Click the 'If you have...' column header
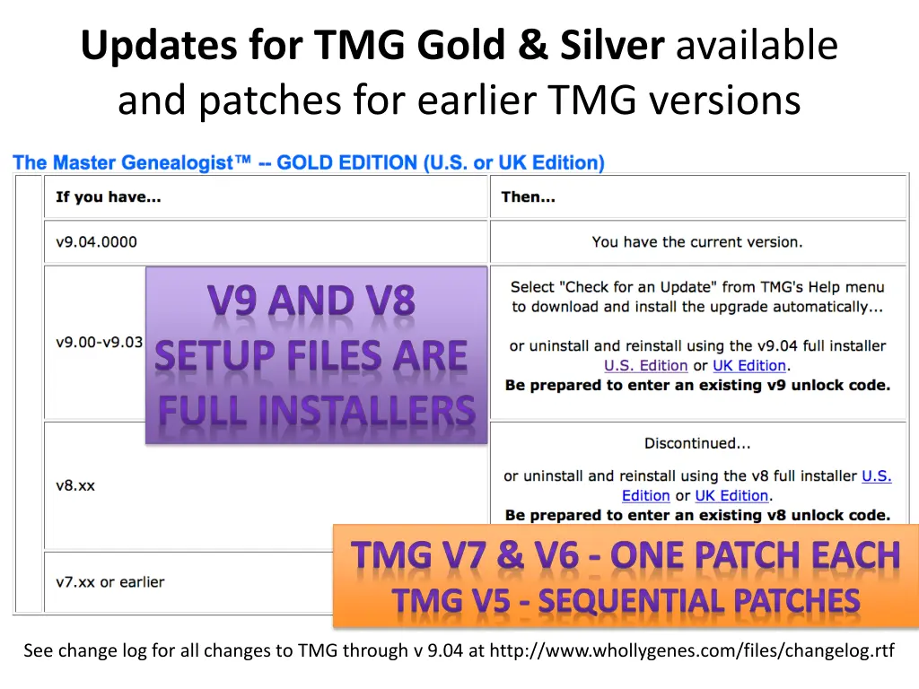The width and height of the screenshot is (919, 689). point(108,196)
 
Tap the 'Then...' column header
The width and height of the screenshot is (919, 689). point(528,196)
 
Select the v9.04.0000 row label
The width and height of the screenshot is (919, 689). point(96,241)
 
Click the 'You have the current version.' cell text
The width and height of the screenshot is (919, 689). point(697,241)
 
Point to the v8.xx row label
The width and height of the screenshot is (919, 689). point(75,485)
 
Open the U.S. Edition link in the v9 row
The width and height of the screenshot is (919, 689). point(645,366)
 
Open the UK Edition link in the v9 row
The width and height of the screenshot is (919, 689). point(749,366)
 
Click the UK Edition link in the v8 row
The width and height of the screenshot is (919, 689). point(731,496)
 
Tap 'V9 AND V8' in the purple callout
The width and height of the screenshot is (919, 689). point(312,301)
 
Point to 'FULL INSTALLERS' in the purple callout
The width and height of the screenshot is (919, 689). point(316,410)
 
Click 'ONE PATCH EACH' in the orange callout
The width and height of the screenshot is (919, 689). point(756,555)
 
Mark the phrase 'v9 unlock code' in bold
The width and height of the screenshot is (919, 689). point(840,386)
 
